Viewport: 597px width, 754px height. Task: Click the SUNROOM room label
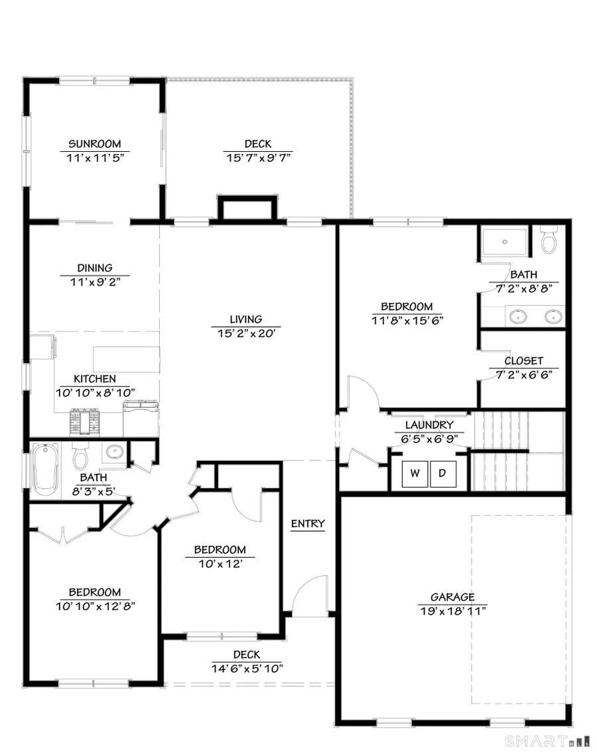pyautogui.click(x=95, y=144)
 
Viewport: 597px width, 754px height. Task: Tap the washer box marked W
pyautogui.click(x=415, y=473)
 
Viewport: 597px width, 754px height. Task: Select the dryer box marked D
pyautogui.click(x=442, y=473)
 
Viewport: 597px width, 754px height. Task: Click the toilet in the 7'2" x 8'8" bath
pyautogui.click(x=549, y=241)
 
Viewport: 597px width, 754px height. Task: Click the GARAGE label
pyautogui.click(x=452, y=597)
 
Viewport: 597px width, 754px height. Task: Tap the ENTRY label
pyautogui.click(x=308, y=524)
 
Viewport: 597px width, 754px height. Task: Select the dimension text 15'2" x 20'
pyautogui.click(x=246, y=333)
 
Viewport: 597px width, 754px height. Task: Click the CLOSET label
pyautogui.click(x=523, y=361)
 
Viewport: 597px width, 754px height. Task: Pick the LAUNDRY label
pyautogui.click(x=430, y=425)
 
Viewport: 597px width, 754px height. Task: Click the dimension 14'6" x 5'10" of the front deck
pyautogui.click(x=247, y=668)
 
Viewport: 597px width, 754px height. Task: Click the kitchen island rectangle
pyautogui.click(x=126, y=358)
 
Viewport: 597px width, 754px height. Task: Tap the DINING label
pyautogui.click(x=95, y=268)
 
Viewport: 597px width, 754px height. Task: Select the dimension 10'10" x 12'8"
pyautogui.click(x=96, y=605)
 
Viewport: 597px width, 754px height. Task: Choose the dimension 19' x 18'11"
pyautogui.click(x=452, y=610)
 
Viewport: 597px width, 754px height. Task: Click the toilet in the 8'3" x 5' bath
pyautogui.click(x=81, y=457)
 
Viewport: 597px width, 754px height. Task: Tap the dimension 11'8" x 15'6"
pyautogui.click(x=407, y=320)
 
